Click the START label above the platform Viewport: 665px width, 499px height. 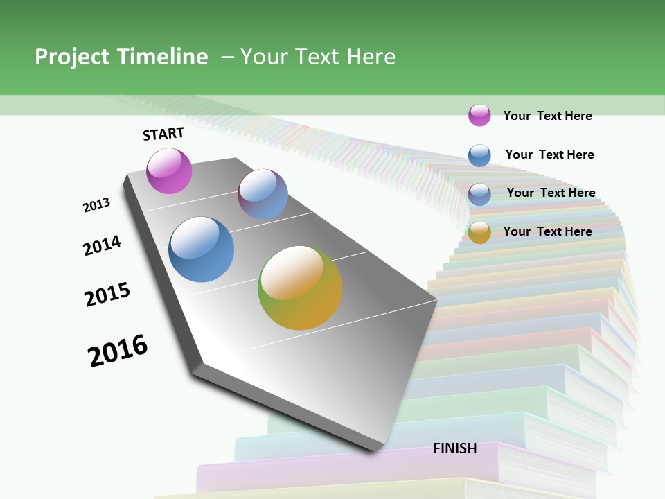[163, 134]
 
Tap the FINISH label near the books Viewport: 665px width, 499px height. [455, 448]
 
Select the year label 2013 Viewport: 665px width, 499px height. [96, 205]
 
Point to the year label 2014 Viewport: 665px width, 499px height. [102, 245]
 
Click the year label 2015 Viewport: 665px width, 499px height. [107, 295]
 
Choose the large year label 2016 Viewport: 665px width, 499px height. [118, 351]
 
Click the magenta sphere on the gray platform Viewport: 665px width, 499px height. [169, 171]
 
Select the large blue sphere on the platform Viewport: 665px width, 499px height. [202, 249]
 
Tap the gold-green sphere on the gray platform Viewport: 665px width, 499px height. [300, 288]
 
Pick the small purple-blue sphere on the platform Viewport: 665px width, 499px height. [263, 194]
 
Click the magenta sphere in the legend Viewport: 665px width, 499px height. [479, 115]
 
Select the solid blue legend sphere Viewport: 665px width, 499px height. [479, 155]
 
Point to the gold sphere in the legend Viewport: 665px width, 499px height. [479, 232]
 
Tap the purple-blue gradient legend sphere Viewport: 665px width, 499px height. [479, 194]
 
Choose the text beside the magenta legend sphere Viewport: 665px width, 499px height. [547, 116]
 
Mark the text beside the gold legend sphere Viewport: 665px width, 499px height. [547, 231]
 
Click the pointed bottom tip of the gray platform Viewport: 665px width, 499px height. [374, 448]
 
